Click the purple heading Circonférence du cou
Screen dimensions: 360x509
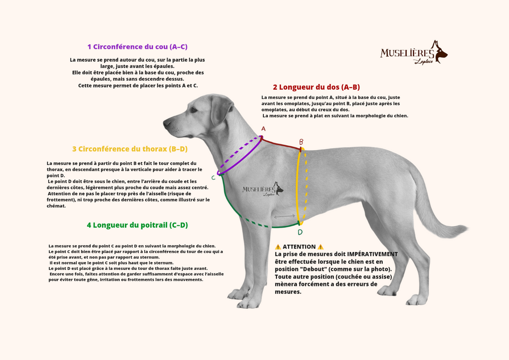point(137,47)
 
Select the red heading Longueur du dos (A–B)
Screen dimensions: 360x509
point(316,87)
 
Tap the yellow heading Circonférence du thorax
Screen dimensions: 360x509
point(130,149)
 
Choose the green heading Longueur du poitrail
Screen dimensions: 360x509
point(137,225)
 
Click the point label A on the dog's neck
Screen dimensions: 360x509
point(263,129)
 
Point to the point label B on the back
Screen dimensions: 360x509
point(301,142)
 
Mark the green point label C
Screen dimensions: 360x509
point(213,178)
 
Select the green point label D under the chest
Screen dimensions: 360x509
point(300,232)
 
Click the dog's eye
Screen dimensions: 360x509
point(193,110)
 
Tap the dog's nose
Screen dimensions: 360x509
point(166,123)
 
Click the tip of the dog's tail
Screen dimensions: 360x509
point(463,229)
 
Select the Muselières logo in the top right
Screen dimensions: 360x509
point(414,53)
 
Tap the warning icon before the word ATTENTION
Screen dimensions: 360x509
point(278,247)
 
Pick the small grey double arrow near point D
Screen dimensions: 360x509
point(284,216)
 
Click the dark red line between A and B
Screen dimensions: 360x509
point(281,144)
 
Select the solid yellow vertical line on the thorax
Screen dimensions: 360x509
point(299,186)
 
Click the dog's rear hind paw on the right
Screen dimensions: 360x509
point(417,300)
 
